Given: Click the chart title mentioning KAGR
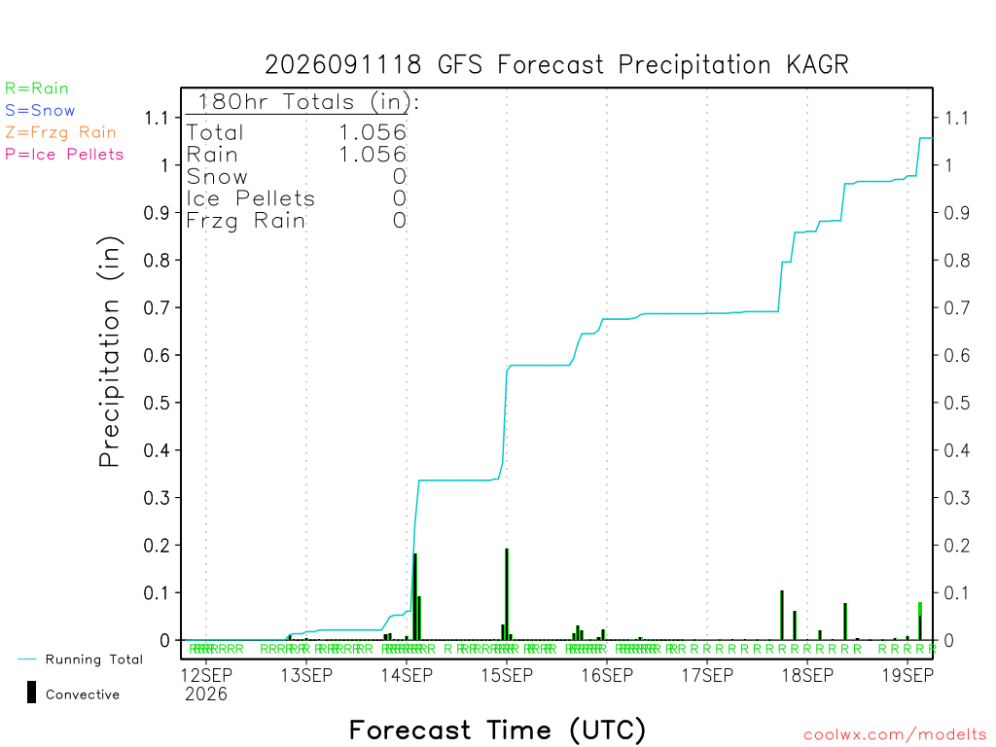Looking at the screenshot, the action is (x=556, y=65).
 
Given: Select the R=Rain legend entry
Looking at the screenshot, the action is (x=37, y=89).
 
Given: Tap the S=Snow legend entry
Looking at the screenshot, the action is (x=40, y=111).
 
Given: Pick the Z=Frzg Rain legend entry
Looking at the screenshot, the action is (x=60, y=132).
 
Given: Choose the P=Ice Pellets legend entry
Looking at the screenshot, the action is (x=64, y=155).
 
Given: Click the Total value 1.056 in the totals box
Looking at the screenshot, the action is (x=373, y=132).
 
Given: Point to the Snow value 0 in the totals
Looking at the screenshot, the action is (x=400, y=177).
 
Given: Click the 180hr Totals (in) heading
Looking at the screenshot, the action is (x=308, y=101).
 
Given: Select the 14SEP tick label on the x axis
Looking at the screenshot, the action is (x=407, y=675).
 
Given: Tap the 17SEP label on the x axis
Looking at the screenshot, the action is (x=707, y=675).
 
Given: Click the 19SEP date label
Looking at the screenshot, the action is (x=907, y=675).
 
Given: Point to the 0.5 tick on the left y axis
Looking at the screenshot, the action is (x=157, y=403).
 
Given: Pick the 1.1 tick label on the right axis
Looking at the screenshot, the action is (x=957, y=118).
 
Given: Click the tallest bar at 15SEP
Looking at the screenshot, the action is (x=507, y=594).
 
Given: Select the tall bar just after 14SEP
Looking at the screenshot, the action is (x=415, y=596).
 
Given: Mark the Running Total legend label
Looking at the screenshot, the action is (x=94, y=659).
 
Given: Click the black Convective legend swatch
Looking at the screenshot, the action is (x=31, y=693).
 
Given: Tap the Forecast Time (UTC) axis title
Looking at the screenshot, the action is (x=497, y=730).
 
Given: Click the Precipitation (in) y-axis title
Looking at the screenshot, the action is (x=109, y=352).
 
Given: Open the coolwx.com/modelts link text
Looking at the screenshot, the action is (x=895, y=735).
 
